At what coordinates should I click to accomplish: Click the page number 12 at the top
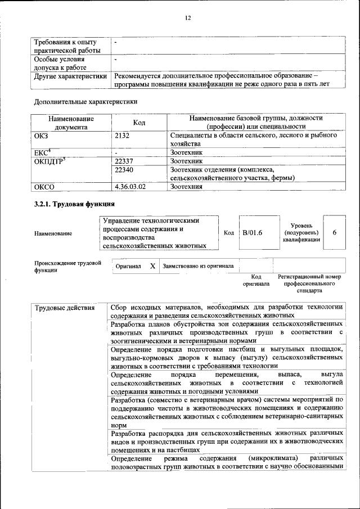(x=188, y=18)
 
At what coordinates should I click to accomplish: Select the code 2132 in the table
(x=123, y=136)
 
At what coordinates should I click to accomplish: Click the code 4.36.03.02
(x=130, y=187)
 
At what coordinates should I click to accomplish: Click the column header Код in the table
(x=139, y=123)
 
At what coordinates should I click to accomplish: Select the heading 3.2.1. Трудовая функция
(x=74, y=204)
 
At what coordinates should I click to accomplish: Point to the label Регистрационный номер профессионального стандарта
(x=310, y=284)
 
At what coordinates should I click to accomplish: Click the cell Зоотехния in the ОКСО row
(x=186, y=187)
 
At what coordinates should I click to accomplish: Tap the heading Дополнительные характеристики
(x=85, y=102)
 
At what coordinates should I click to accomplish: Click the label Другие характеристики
(x=70, y=75)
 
